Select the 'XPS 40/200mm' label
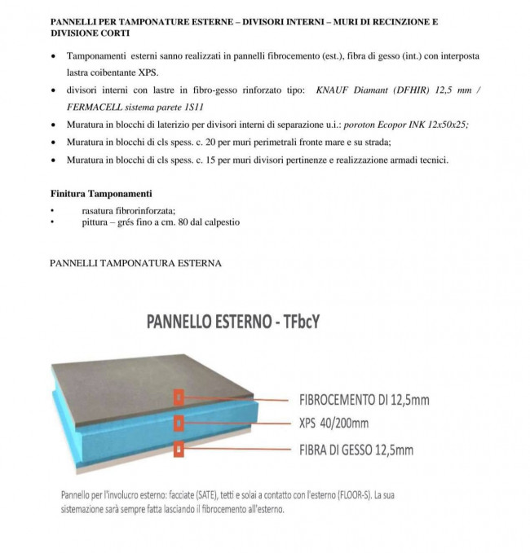point(333,424)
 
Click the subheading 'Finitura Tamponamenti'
point(101,194)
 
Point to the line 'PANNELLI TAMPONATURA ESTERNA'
point(135,263)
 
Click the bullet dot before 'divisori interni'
point(54,90)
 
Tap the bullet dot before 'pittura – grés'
point(52,222)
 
